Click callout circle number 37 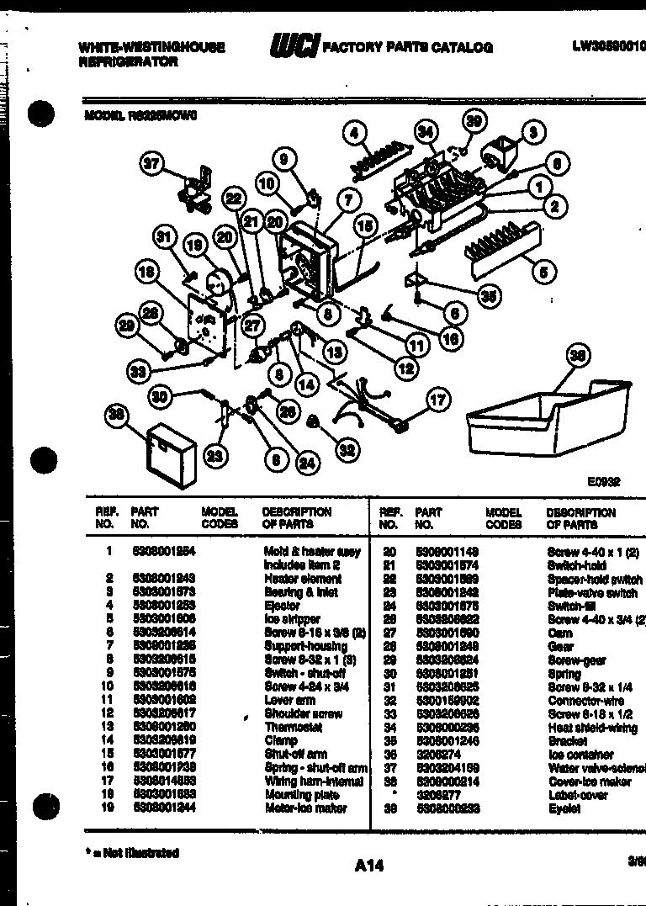[151, 166]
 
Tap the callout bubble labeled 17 [437, 400]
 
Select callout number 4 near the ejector [356, 133]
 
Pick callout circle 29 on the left [127, 326]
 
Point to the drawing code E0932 [603, 482]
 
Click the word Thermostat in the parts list [293, 727]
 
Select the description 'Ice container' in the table [580, 755]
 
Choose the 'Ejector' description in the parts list [282, 606]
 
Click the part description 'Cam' [556, 633]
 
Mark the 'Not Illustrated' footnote [132, 853]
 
